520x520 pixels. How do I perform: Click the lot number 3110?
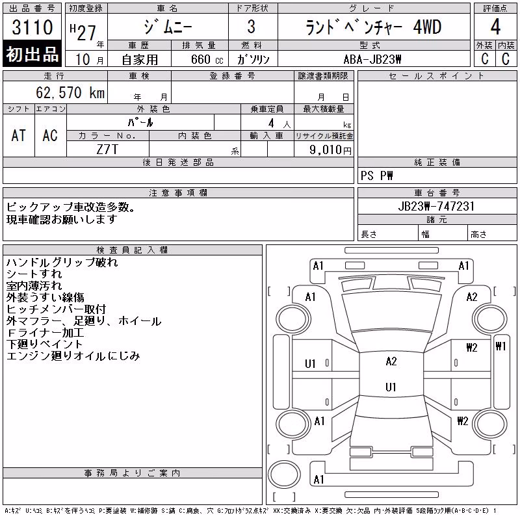click(32, 27)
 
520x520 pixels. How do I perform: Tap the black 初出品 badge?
click(32, 53)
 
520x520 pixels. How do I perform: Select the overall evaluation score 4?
click(495, 27)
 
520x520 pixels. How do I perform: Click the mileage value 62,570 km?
click(70, 92)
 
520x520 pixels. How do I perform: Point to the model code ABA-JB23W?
click(372, 59)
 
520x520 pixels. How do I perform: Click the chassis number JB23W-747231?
click(436, 206)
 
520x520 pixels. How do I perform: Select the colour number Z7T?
click(107, 149)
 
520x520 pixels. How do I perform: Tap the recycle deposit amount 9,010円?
click(330, 150)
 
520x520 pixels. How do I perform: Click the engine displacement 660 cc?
click(207, 59)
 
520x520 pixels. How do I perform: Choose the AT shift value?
click(19, 136)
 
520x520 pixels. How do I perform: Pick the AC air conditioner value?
click(50, 136)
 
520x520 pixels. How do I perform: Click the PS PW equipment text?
click(376, 175)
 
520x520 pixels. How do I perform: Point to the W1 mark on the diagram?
click(500, 346)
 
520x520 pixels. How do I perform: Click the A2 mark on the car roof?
click(391, 361)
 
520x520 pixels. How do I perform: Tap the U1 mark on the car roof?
click(391, 387)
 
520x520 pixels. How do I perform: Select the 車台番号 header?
click(437, 192)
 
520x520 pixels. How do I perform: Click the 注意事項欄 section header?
click(178, 192)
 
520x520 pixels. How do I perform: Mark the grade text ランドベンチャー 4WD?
click(373, 27)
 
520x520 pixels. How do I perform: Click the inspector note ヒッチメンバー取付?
click(56, 309)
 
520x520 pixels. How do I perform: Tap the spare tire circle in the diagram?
click(284, 474)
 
